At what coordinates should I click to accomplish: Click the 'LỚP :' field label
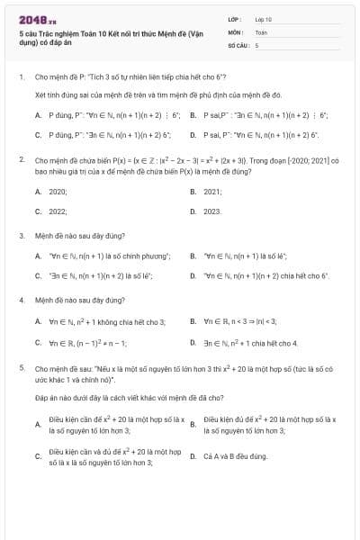[x=236, y=18]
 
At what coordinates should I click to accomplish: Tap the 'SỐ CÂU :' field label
[x=238, y=43]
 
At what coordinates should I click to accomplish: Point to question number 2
[x=21, y=158]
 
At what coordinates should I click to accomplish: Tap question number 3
[x=21, y=236]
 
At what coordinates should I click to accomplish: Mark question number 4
[x=21, y=299]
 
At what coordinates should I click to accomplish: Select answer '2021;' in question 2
[x=212, y=192]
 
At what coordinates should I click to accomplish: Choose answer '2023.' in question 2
[x=212, y=211]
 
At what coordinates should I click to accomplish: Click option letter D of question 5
[x=193, y=456]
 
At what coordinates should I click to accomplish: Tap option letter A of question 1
[x=38, y=115]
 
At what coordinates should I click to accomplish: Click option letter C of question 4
[x=38, y=343]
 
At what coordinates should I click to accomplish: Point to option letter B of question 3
[x=193, y=256]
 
